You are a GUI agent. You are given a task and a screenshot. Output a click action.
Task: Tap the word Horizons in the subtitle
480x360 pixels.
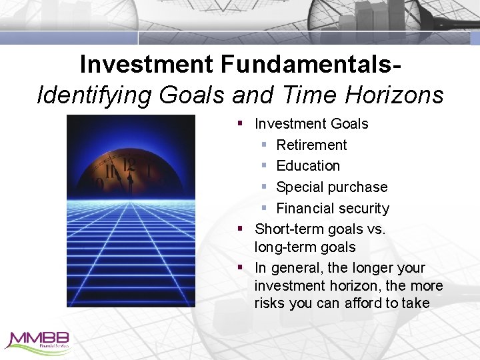tap(395, 95)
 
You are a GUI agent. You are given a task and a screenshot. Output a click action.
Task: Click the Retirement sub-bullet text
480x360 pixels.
tap(311, 145)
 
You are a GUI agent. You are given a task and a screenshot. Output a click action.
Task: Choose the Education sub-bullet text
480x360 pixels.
tap(308, 166)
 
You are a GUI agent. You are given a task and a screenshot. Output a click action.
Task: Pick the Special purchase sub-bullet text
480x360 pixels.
tap(331, 187)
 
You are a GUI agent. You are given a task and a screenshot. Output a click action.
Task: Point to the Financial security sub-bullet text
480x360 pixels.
tap(332, 209)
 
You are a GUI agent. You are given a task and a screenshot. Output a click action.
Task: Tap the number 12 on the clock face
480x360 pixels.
tap(129, 164)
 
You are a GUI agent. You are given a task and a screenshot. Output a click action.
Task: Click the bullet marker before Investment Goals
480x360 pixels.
tap(240, 124)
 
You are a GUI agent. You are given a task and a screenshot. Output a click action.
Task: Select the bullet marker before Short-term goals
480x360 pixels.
tap(240, 229)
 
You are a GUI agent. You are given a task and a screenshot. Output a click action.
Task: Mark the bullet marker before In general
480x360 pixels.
tap(240, 268)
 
